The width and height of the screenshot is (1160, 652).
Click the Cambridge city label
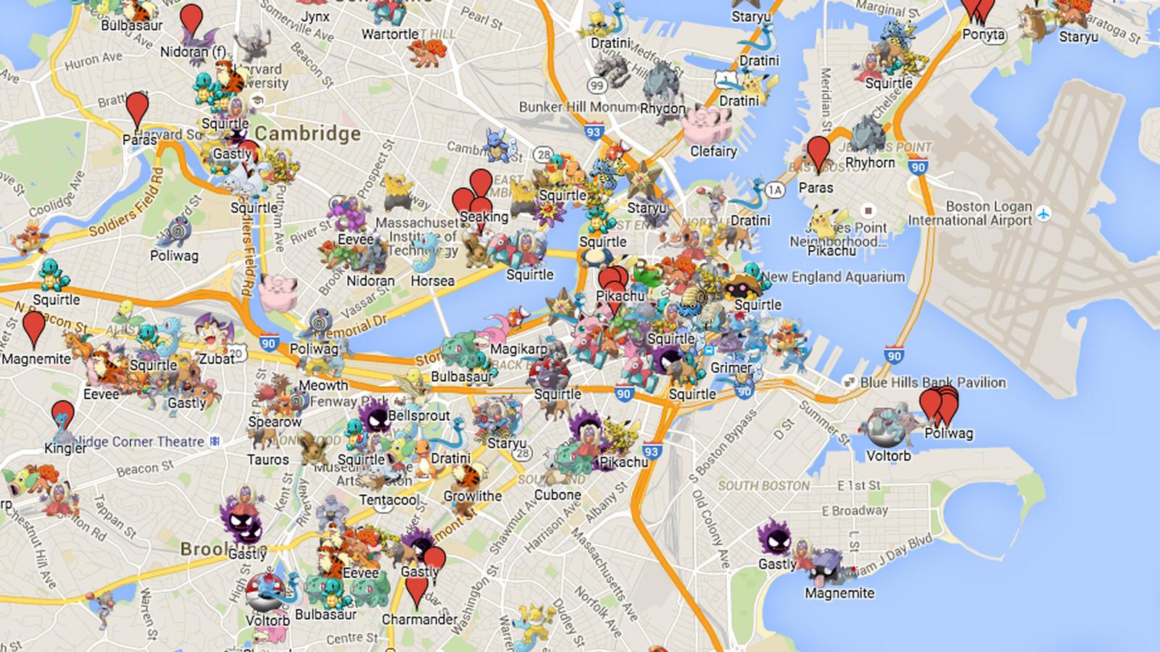point(307,133)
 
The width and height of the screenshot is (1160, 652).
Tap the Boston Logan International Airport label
point(969,214)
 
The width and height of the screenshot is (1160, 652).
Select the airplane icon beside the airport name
point(1043,214)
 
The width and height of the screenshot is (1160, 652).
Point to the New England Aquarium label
point(832,277)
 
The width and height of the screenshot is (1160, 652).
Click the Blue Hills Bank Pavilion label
point(932,383)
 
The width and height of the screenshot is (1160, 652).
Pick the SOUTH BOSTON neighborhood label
point(763,485)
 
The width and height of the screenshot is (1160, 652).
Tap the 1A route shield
point(775,191)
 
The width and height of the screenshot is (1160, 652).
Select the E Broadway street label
point(854,511)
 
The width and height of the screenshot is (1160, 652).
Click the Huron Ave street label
point(94,62)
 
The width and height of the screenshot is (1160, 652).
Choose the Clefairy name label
point(713,151)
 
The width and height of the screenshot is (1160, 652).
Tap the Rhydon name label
point(662,109)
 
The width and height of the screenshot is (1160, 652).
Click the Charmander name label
point(420,619)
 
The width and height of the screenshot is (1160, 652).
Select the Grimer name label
point(731,368)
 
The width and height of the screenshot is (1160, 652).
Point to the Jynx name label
point(315,17)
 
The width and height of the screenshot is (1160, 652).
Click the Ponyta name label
point(984,35)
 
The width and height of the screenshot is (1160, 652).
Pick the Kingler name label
point(65,448)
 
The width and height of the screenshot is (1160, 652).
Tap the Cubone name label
point(558,496)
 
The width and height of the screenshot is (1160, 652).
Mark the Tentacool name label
point(389,500)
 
